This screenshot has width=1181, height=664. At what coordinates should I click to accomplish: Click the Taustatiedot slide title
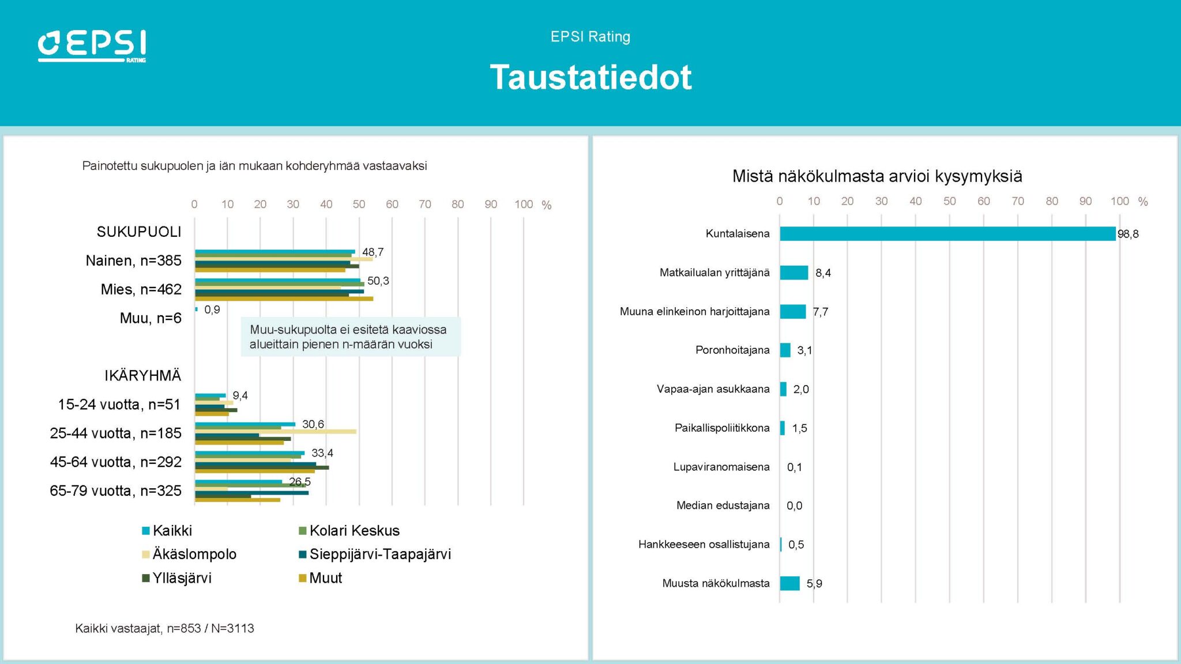tap(590, 77)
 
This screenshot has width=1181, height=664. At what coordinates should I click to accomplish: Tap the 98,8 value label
tap(1128, 234)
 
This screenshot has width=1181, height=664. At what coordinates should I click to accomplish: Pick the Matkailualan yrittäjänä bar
tap(794, 273)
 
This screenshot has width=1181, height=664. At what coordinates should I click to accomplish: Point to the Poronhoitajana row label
tap(732, 350)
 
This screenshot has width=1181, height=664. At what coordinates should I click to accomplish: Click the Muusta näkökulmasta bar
tap(789, 583)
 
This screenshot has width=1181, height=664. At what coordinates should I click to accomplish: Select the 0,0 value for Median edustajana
tap(794, 505)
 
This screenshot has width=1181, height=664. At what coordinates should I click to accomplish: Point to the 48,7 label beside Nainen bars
tap(373, 252)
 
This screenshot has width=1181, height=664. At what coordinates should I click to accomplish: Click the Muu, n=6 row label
tap(151, 318)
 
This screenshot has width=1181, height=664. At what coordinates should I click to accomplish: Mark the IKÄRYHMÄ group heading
tap(142, 376)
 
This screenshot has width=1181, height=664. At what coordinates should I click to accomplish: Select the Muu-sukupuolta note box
tap(350, 337)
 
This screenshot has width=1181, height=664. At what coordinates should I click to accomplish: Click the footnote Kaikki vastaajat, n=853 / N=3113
tap(164, 628)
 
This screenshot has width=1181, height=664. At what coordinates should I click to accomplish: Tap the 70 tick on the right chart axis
tap(1018, 201)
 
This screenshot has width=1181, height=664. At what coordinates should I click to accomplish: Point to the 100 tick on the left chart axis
tap(524, 204)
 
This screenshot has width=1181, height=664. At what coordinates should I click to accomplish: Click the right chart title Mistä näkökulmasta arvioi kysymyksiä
tap(877, 176)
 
